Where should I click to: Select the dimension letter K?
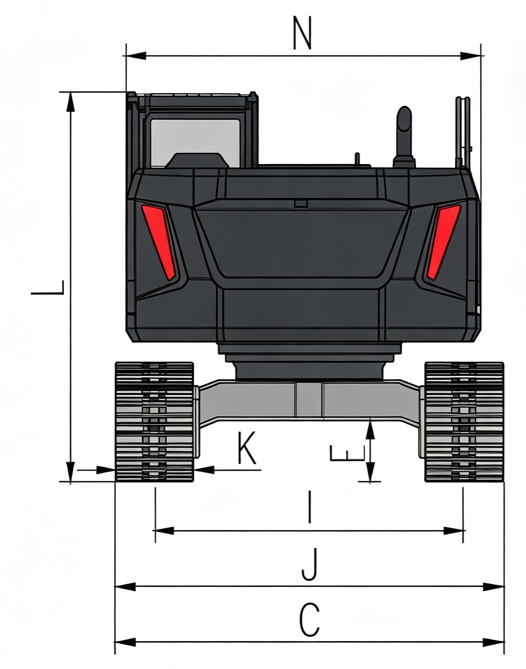pos(247,447)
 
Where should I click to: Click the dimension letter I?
pos(309,507)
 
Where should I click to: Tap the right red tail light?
pos(443,241)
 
